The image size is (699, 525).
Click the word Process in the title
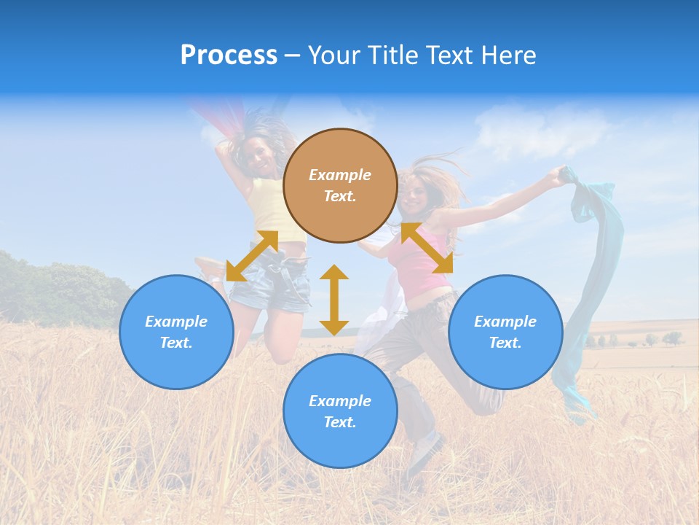[229, 55]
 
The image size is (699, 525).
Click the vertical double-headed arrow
[334, 300]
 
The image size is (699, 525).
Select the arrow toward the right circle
[427, 248]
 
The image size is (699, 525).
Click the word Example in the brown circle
[340, 175]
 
